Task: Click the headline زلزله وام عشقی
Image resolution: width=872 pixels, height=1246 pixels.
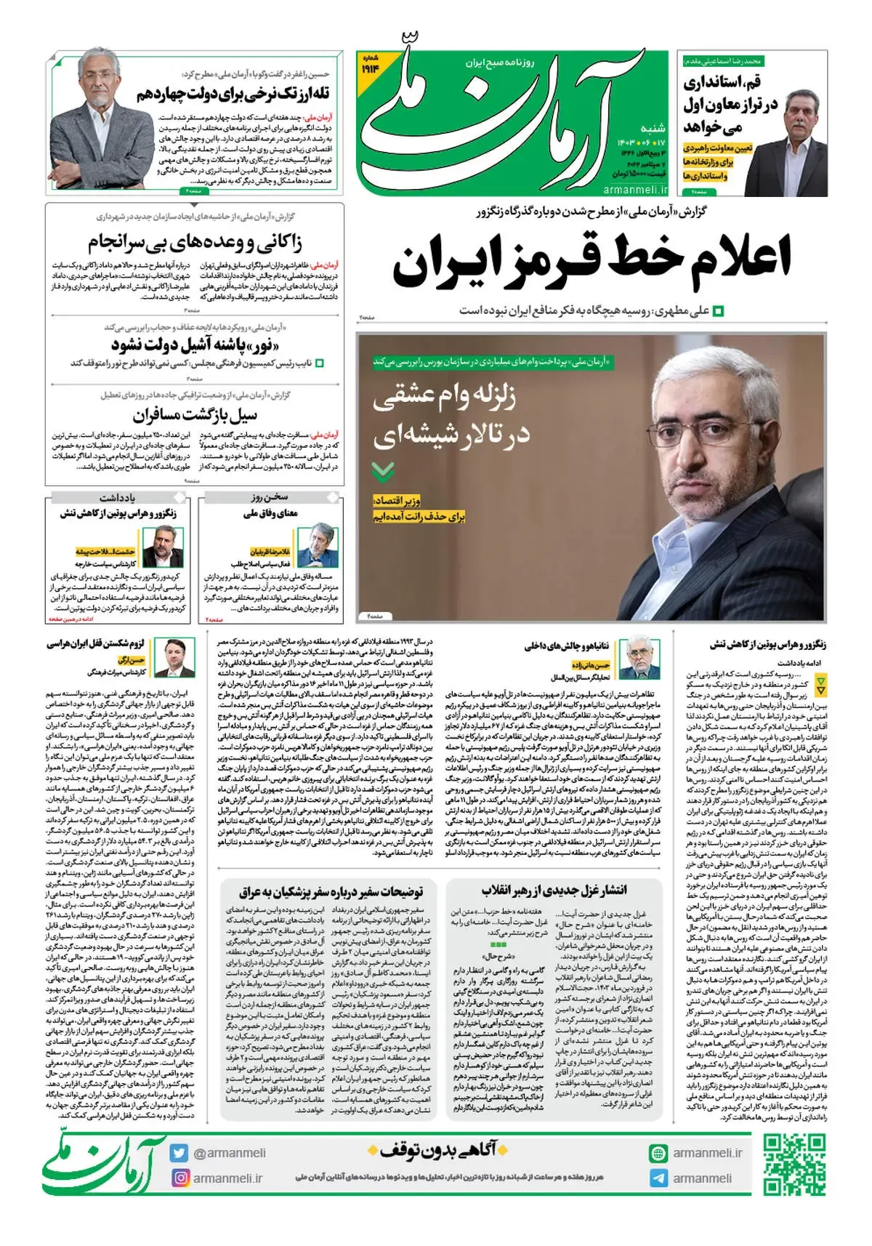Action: click(x=444, y=397)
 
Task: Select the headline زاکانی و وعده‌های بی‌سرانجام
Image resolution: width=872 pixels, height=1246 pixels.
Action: click(x=195, y=241)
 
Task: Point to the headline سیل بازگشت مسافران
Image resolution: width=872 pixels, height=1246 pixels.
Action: click(x=195, y=415)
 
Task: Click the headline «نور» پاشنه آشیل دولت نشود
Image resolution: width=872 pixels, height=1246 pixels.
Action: click(x=195, y=343)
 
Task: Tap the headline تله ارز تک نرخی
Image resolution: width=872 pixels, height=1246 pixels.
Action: click(x=234, y=95)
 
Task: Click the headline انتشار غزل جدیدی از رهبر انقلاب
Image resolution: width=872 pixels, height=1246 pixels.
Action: click(x=554, y=890)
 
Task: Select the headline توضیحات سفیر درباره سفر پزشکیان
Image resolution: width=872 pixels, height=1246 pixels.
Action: click(x=331, y=891)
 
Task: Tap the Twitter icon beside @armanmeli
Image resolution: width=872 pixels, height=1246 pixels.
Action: click(x=179, y=1153)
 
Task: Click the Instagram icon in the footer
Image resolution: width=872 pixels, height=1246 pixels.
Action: click(x=179, y=1178)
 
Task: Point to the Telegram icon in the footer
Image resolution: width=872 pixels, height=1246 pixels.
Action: click(x=658, y=1178)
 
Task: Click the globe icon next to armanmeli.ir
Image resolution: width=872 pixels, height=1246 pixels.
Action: click(x=658, y=1153)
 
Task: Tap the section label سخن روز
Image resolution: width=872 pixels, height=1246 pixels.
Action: click(x=270, y=498)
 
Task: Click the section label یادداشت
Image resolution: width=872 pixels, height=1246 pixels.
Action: click(x=118, y=498)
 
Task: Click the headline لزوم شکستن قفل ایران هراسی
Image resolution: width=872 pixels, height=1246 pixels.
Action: click(x=95, y=644)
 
